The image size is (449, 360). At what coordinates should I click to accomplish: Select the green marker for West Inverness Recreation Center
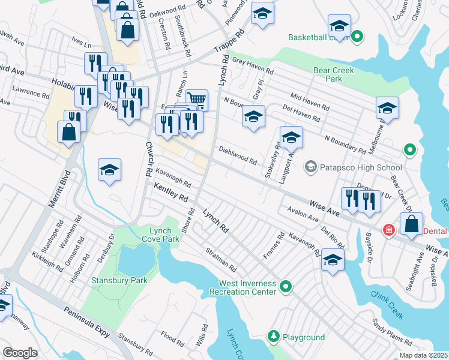click(x=286, y=287)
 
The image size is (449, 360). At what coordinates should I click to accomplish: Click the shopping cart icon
click(x=196, y=99)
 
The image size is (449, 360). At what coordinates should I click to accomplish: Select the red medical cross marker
click(x=388, y=230)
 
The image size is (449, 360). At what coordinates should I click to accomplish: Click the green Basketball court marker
click(x=357, y=37)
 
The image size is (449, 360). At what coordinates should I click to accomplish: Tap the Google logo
click(x=20, y=353)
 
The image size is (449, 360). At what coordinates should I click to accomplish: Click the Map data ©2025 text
click(x=423, y=355)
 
